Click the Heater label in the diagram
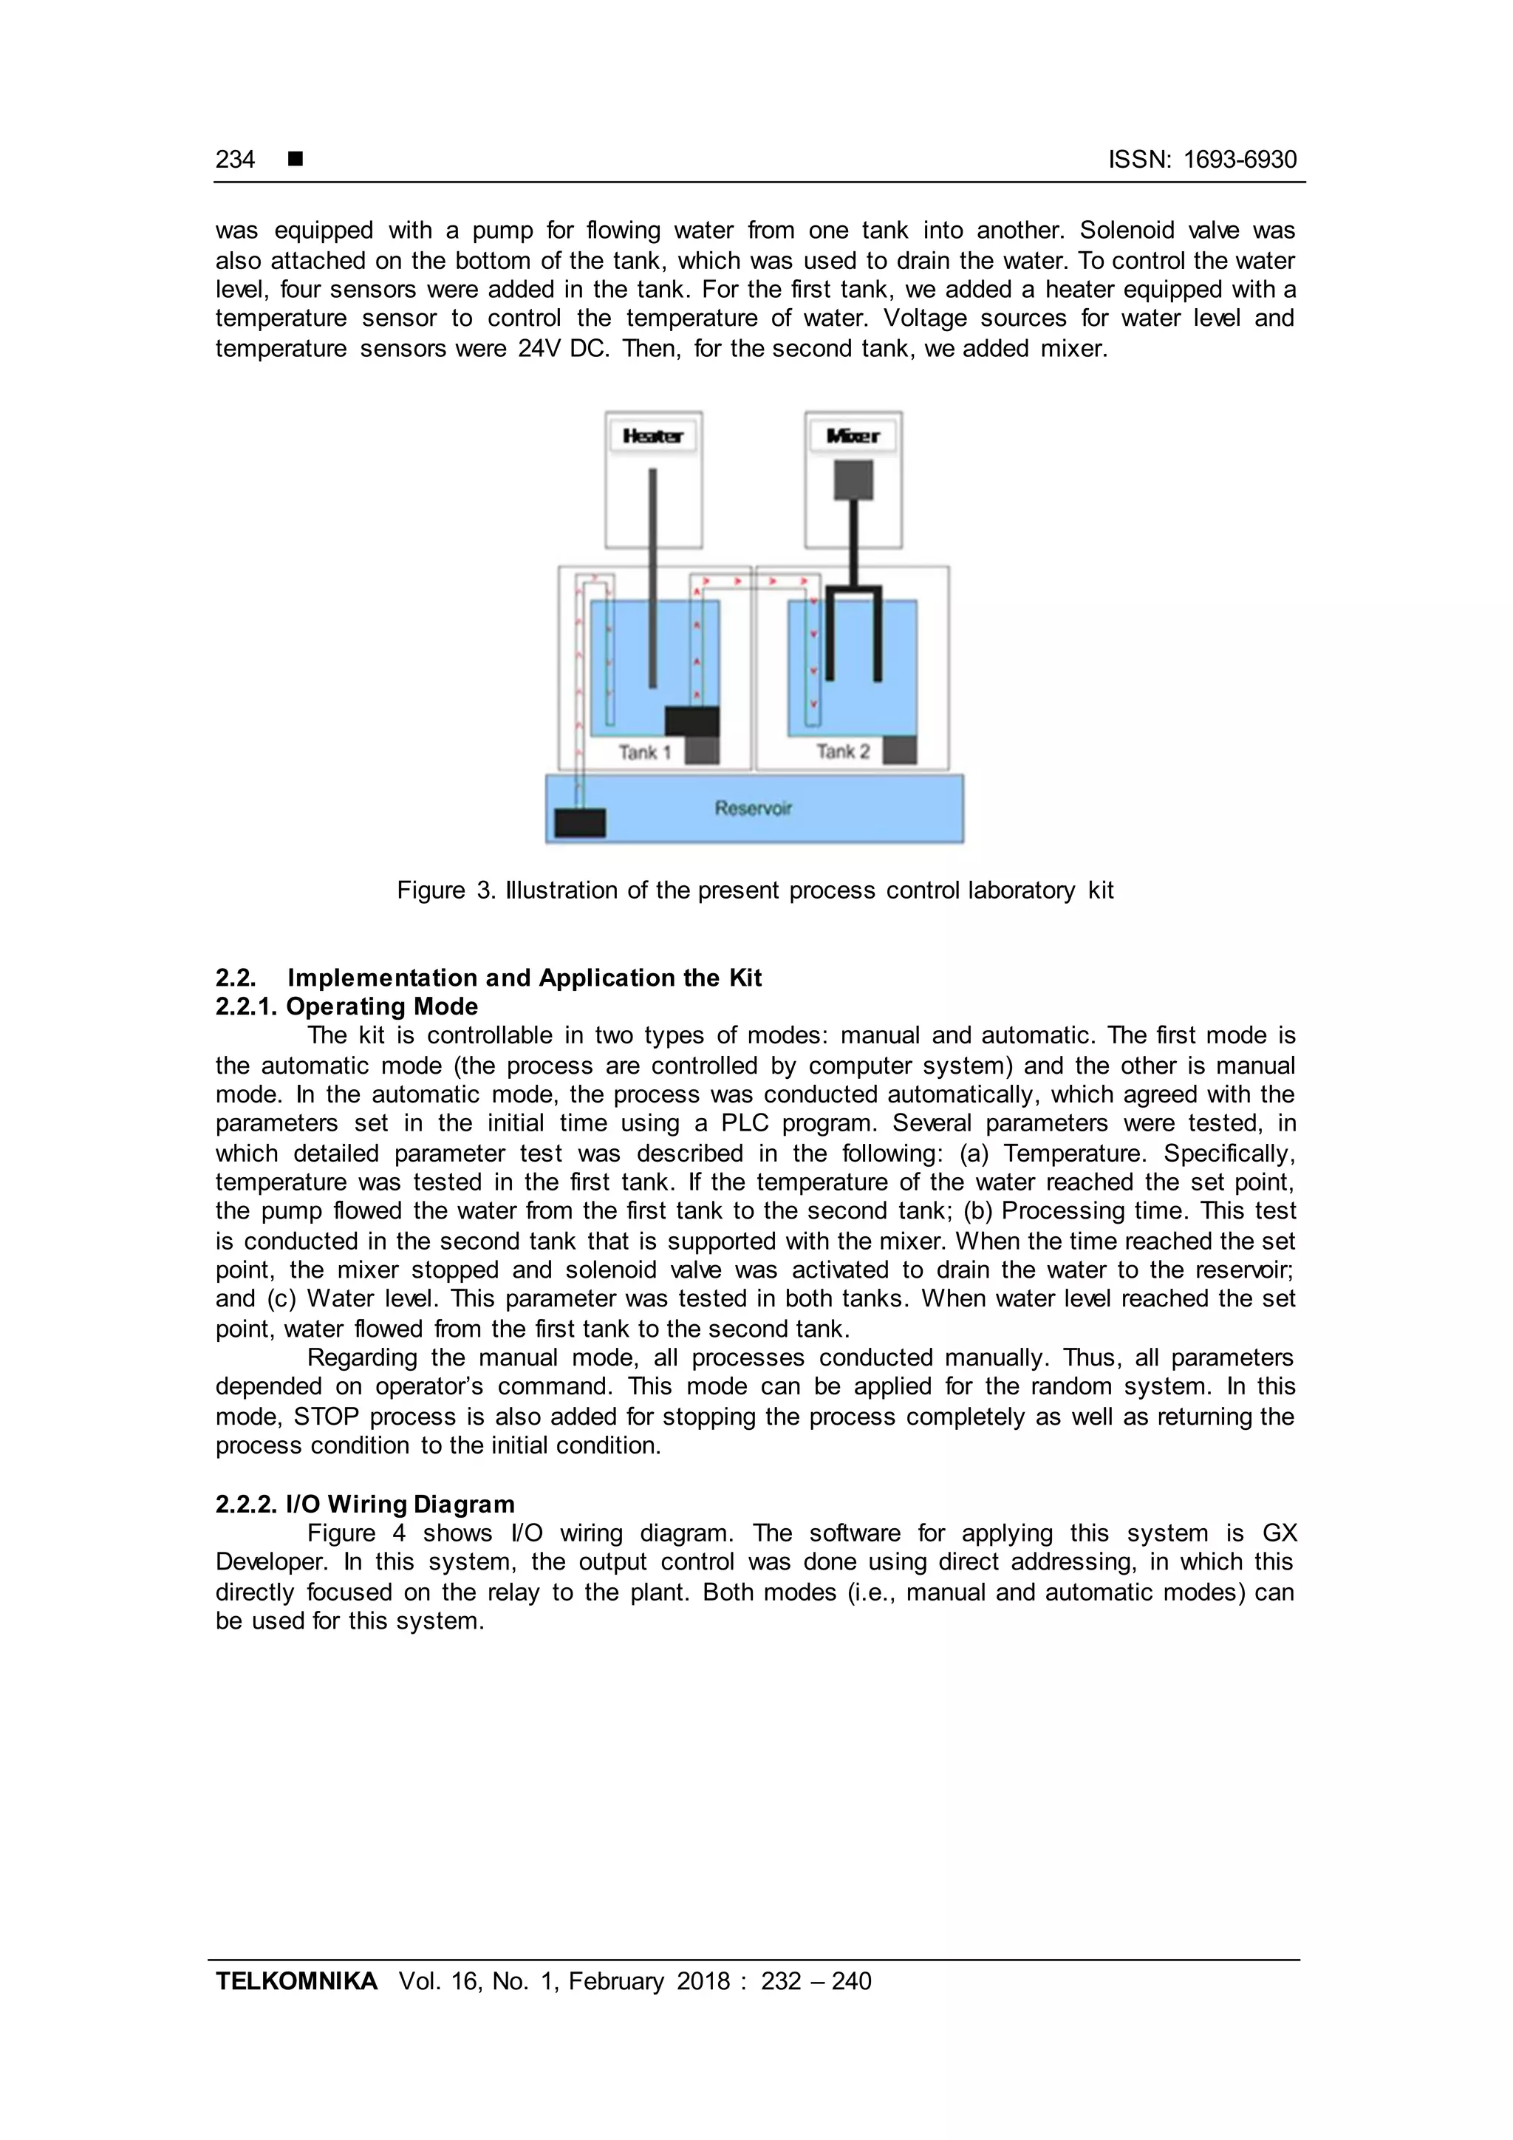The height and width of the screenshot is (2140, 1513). click(x=652, y=436)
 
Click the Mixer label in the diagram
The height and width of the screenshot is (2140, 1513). click(x=853, y=436)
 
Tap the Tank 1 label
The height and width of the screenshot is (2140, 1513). click(x=643, y=752)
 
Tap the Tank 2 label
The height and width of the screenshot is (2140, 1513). click(x=842, y=752)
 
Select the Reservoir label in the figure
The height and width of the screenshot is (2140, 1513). click(x=753, y=808)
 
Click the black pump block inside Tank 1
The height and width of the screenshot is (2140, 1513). click(x=691, y=721)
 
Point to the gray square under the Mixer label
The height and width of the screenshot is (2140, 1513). click(x=853, y=481)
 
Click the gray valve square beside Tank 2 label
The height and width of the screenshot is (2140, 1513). click(x=899, y=750)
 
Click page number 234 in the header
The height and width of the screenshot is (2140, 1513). click(x=235, y=160)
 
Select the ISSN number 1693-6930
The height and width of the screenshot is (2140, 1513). click(x=1239, y=160)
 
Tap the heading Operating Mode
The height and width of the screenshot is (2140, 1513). click(x=382, y=1006)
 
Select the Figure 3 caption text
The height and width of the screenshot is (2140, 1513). click(x=754, y=890)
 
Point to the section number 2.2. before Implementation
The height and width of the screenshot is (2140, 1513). click(x=236, y=978)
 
